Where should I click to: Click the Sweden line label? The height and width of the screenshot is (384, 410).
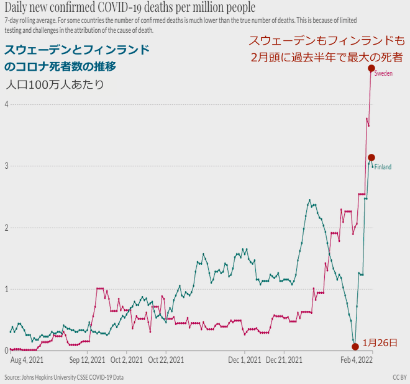coord(383,73)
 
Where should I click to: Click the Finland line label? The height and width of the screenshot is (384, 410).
coord(382,167)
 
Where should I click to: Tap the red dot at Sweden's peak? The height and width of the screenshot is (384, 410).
coord(371,68)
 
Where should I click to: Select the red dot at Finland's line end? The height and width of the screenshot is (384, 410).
coord(371,158)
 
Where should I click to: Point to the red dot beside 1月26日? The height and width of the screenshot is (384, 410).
coord(355,346)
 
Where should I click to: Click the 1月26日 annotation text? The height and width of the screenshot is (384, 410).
coord(379,342)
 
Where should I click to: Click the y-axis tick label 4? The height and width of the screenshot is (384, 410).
coord(6,104)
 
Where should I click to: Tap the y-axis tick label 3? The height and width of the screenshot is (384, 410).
coord(6,166)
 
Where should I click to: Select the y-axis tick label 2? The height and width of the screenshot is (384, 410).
coord(6,228)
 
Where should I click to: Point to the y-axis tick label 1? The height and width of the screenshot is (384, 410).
coord(6,289)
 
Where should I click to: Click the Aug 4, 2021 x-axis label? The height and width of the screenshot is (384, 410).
coord(27,359)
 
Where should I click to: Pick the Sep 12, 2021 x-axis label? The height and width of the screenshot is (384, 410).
coord(87,359)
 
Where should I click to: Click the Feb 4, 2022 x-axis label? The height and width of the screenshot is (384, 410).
coord(357,359)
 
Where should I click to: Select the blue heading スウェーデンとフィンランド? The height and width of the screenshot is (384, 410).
coord(76,50)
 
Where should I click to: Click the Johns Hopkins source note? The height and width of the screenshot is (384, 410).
coord(64,377)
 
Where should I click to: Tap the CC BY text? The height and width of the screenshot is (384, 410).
coord(399,377)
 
